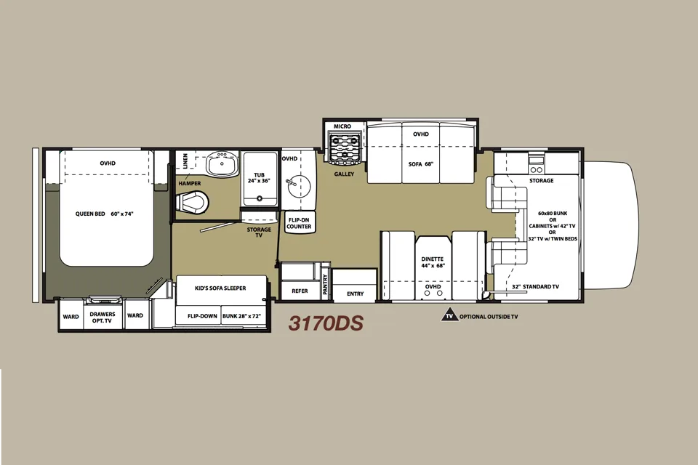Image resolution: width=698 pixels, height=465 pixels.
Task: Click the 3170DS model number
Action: (x=326, y=323)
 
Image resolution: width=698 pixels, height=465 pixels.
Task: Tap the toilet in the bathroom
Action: (x=192, y=203)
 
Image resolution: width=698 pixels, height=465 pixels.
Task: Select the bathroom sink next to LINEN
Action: (x=222, y=164)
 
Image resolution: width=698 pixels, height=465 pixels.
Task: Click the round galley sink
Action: (x=299, y=186)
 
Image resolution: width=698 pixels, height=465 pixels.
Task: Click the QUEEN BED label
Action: (x=104, y=214)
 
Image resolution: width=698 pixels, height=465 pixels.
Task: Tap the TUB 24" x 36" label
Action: (x=259, y=178)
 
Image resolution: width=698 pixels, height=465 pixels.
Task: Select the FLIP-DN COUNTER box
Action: (x=299, y=223)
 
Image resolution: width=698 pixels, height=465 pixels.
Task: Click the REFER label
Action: (x=300, y=291)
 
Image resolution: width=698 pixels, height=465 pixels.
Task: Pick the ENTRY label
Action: (x=356, y=294)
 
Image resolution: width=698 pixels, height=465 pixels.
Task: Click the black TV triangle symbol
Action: (x=449, y=315)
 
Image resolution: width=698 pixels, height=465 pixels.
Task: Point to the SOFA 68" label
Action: (x=421, y=163)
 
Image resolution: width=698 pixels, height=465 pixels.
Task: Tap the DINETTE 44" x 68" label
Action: (x=433, y=262)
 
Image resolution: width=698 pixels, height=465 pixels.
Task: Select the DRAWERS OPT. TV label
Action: (x=103, y=318)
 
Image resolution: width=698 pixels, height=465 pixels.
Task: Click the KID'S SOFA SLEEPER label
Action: (x=220, y=288)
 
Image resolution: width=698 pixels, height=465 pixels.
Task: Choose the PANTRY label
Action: (x=325, y=283)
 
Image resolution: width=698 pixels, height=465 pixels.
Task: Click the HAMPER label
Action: (x=190, y=183)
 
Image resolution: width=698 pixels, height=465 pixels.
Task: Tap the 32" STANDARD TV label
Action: (x=535, y=286)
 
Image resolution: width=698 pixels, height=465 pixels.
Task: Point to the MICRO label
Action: (x=342, y=126)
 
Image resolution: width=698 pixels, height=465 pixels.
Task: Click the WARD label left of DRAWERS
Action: (x=71, y=317)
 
